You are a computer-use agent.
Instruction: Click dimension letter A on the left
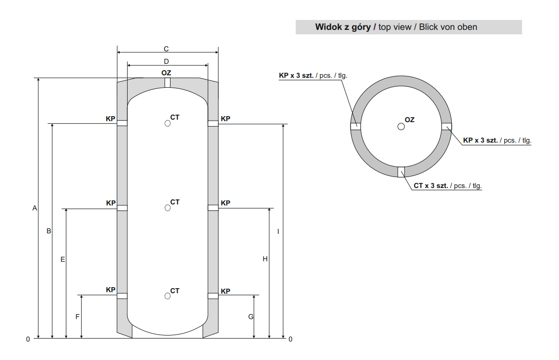tap(34, 208)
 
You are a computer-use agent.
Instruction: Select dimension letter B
tap(49, 231)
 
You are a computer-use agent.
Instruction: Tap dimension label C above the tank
tap(166, 49)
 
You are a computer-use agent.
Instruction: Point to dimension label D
tap(166, 61)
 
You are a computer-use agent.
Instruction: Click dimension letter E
tap(63, 259)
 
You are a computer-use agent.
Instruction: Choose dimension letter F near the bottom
tap(77, 317)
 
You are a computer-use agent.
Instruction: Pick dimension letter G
tap(251, 317)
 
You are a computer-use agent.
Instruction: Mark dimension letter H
tap(265, 259)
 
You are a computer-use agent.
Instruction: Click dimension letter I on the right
tap(278, 231)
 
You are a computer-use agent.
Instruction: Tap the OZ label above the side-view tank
tap(166, 73)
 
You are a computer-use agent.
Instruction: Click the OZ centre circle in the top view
tap(401, 127)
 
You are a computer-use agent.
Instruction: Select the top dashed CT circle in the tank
tap(168, 123)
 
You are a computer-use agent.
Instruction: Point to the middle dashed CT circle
tap(168, 208)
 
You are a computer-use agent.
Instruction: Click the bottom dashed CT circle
tap(168, 296)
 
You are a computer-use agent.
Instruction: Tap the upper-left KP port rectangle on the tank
tap(122, 123)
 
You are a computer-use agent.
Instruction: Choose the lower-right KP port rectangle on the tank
tap(213, 296)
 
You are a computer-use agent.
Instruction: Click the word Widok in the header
tap(328, 27)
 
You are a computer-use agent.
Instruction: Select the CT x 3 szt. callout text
tap(431, 185)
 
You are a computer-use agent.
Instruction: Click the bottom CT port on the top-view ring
tap(401, 172)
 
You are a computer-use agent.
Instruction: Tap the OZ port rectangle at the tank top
tap(168, 83)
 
